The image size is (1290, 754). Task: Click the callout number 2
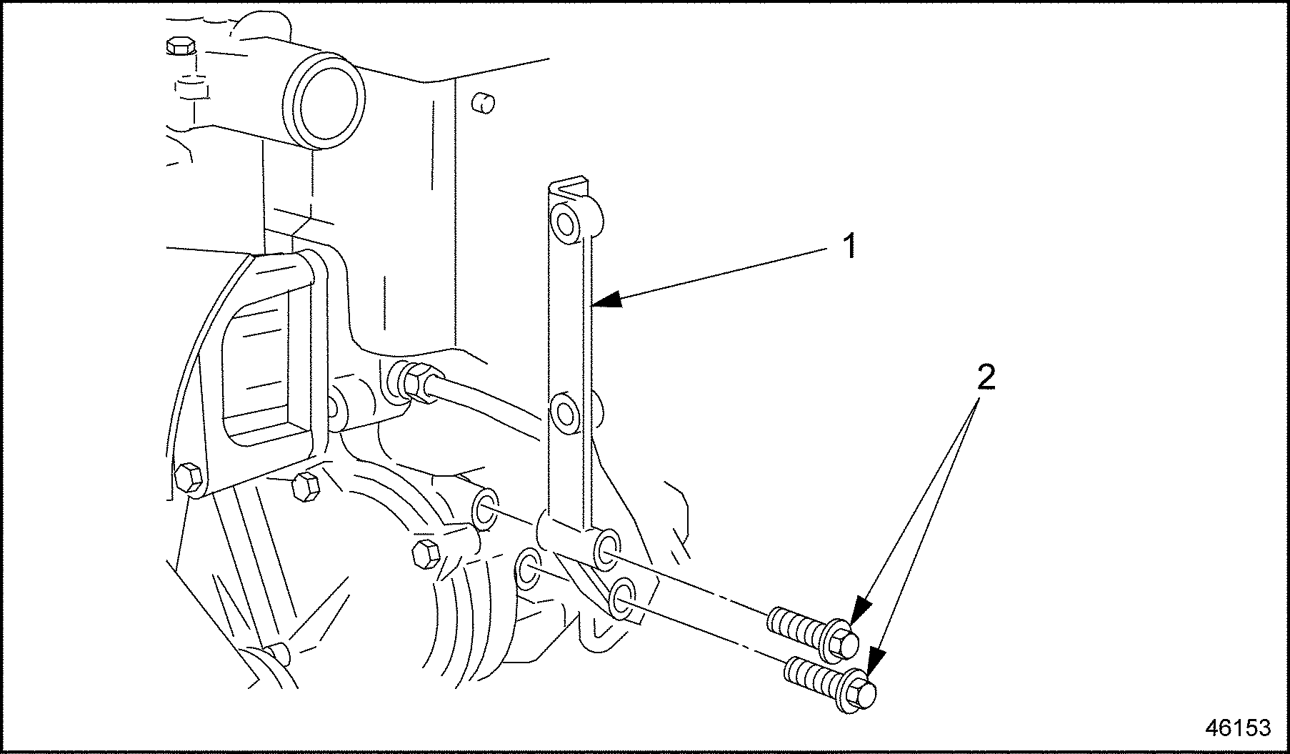pyautogui.click(x=986, y=377)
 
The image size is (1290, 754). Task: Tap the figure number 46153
pyautogui.click(x=1238, y=728)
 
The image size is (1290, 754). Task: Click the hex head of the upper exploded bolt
pyautogui.click(x=845, y=641)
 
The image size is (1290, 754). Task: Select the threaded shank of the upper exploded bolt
pyautogui.click(x=794, y=626)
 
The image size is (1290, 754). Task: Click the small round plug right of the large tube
pyautogui.click(x=483, y=104)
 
